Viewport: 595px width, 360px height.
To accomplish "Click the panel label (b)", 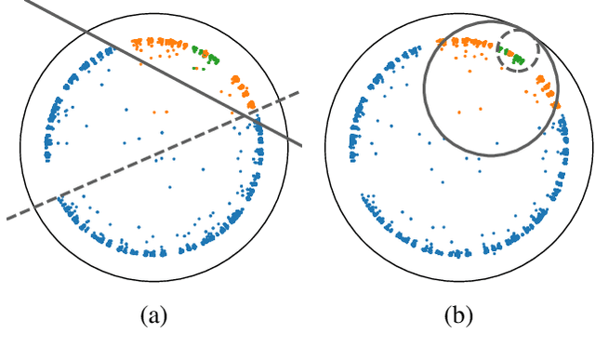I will pos(458,317).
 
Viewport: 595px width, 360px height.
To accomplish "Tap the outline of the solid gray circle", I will pos(426,88).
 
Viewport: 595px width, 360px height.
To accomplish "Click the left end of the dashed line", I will pos(7,219).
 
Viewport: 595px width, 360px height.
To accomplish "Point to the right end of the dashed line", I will pos(297,92).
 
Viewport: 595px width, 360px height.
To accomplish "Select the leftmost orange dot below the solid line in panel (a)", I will pos(152,112).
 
